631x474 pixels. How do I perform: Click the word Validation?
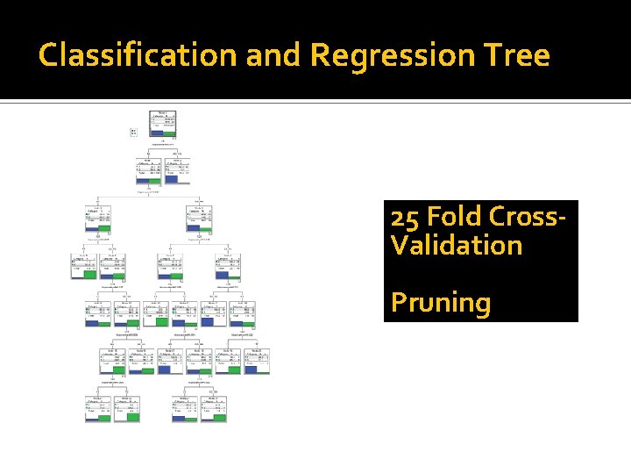point(457,245)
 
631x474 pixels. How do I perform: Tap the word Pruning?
point(441,302)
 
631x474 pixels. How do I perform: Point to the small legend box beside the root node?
point(133,132)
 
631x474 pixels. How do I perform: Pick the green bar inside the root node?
point(170,133)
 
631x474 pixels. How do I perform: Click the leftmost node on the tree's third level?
point(98,220)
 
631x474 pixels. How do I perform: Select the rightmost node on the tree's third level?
point(201,220)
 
